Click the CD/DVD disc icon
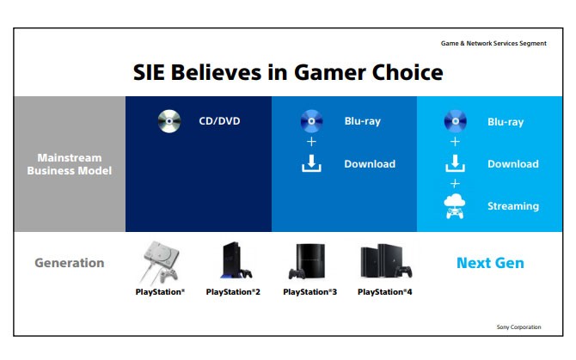point(169,121)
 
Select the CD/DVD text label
point(219,121)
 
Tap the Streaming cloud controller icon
point(455,206)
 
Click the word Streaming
point(513,206)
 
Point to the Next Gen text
point(490,263)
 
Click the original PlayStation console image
point(161,262)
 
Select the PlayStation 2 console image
point(236,260)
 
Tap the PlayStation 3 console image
point(307,261)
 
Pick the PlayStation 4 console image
point(386,261)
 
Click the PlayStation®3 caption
point(309,292)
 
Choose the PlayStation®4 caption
point(384,292)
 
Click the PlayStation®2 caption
point(233,292)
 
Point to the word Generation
point(70,263)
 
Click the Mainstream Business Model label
point(70,164)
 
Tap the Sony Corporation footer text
point(518,327)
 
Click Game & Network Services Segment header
point(493,43)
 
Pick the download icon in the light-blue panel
point(455,163)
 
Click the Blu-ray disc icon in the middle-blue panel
point(311,121)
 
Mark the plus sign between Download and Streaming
point(455,183)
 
